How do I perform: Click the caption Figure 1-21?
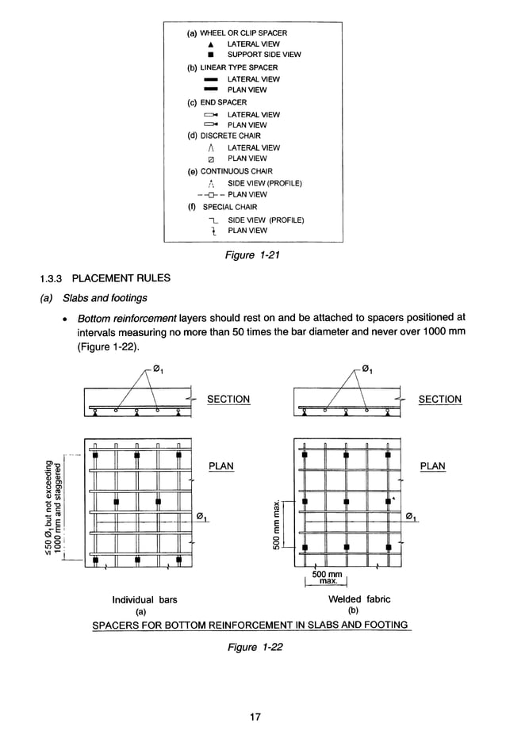(x=253, y=255)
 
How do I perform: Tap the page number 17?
(x=255, y=717)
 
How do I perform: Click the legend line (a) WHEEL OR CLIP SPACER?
(x=236, y=33)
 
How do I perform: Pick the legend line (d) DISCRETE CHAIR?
(x=224, y=136)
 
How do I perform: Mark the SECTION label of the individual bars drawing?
(x=228, y=400)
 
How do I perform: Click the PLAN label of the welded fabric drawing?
(x=432, y=466)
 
